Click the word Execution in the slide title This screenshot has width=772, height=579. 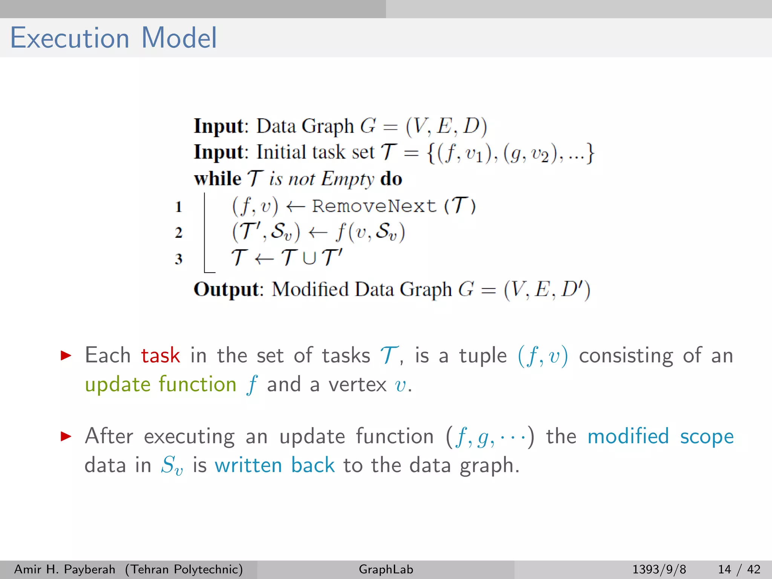coord(70,38)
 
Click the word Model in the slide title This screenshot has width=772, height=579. coord(179,38)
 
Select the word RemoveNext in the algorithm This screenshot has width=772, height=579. coord(374,206)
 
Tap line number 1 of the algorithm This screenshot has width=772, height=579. coord(179,207)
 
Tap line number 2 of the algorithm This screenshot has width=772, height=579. coord(179,233)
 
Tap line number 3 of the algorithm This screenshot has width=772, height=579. coord(179,259)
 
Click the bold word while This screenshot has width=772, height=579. coord(218,179)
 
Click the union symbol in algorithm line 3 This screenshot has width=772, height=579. coord(309,258)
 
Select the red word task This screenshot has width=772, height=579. coord(161,355)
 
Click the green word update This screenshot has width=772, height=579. coord(118,385)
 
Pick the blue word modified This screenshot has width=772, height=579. coord(628,437)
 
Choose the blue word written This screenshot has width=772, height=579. coord(248,465)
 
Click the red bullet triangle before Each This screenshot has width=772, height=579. coord(66,355)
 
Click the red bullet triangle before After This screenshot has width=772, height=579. coord(66,437)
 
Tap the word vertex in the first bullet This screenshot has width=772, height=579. coord(357,385)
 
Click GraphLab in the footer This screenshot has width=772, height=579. coord(386,569)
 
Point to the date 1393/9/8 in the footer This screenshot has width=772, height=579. coord(659,569)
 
